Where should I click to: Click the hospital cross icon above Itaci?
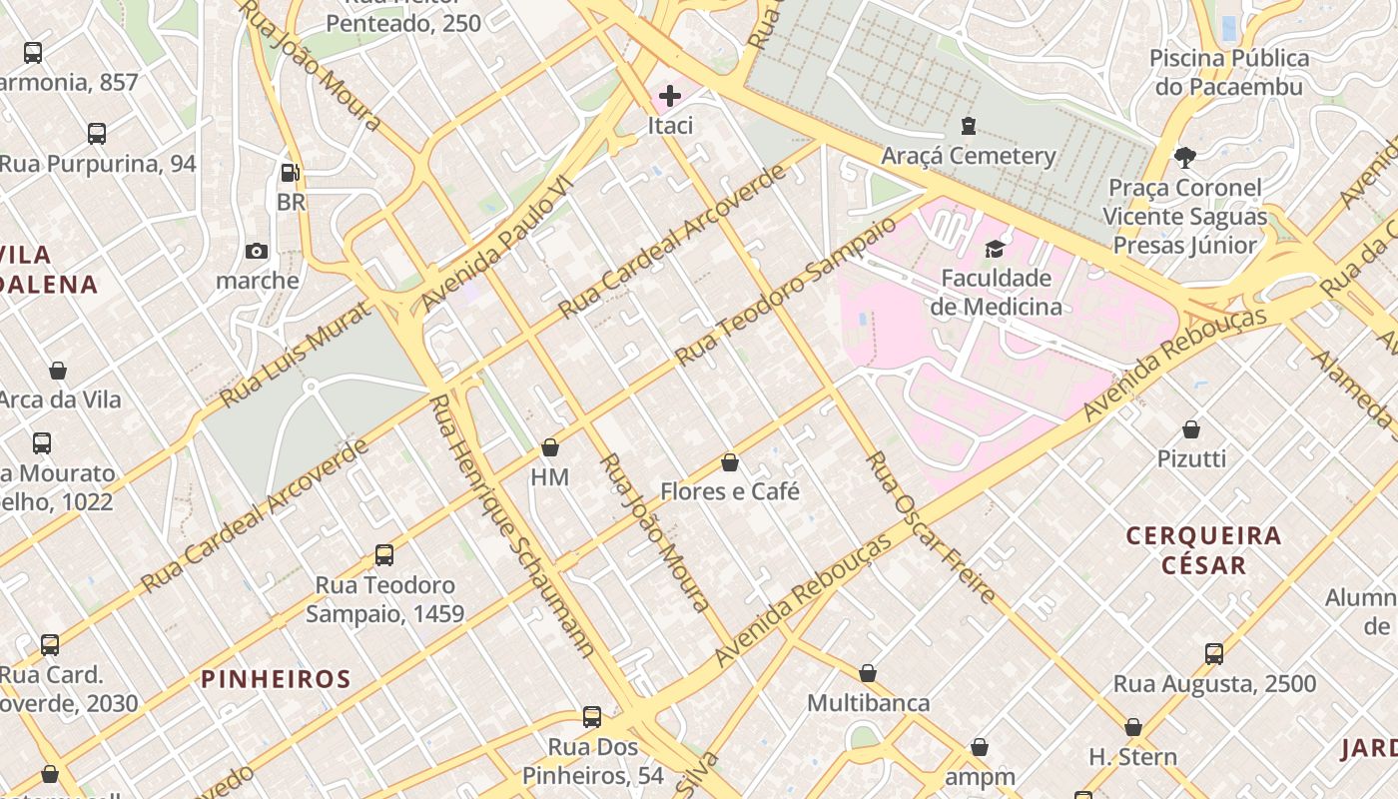[670, 96]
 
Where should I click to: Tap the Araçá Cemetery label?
[968, 156]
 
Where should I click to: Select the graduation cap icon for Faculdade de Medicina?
[995, 249]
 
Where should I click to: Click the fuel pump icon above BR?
[290, 173]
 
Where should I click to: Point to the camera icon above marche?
[257, 251]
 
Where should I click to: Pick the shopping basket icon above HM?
[549, 447]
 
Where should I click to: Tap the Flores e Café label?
[730, 491]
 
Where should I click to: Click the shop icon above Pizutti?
[1190, 429]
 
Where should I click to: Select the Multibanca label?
[868, 703]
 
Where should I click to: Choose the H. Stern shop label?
[1132, 757]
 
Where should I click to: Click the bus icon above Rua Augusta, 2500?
[1214, 654]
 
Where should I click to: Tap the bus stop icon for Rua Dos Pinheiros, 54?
[592, 717]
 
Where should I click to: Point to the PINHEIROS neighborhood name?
[276, 679]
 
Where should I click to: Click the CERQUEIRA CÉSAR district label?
[1203, 550]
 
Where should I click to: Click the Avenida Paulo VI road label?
[496, 243]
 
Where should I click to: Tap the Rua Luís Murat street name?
[287, 350]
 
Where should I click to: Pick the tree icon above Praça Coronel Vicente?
[1185, 157]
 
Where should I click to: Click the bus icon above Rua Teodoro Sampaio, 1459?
[384, 555]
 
